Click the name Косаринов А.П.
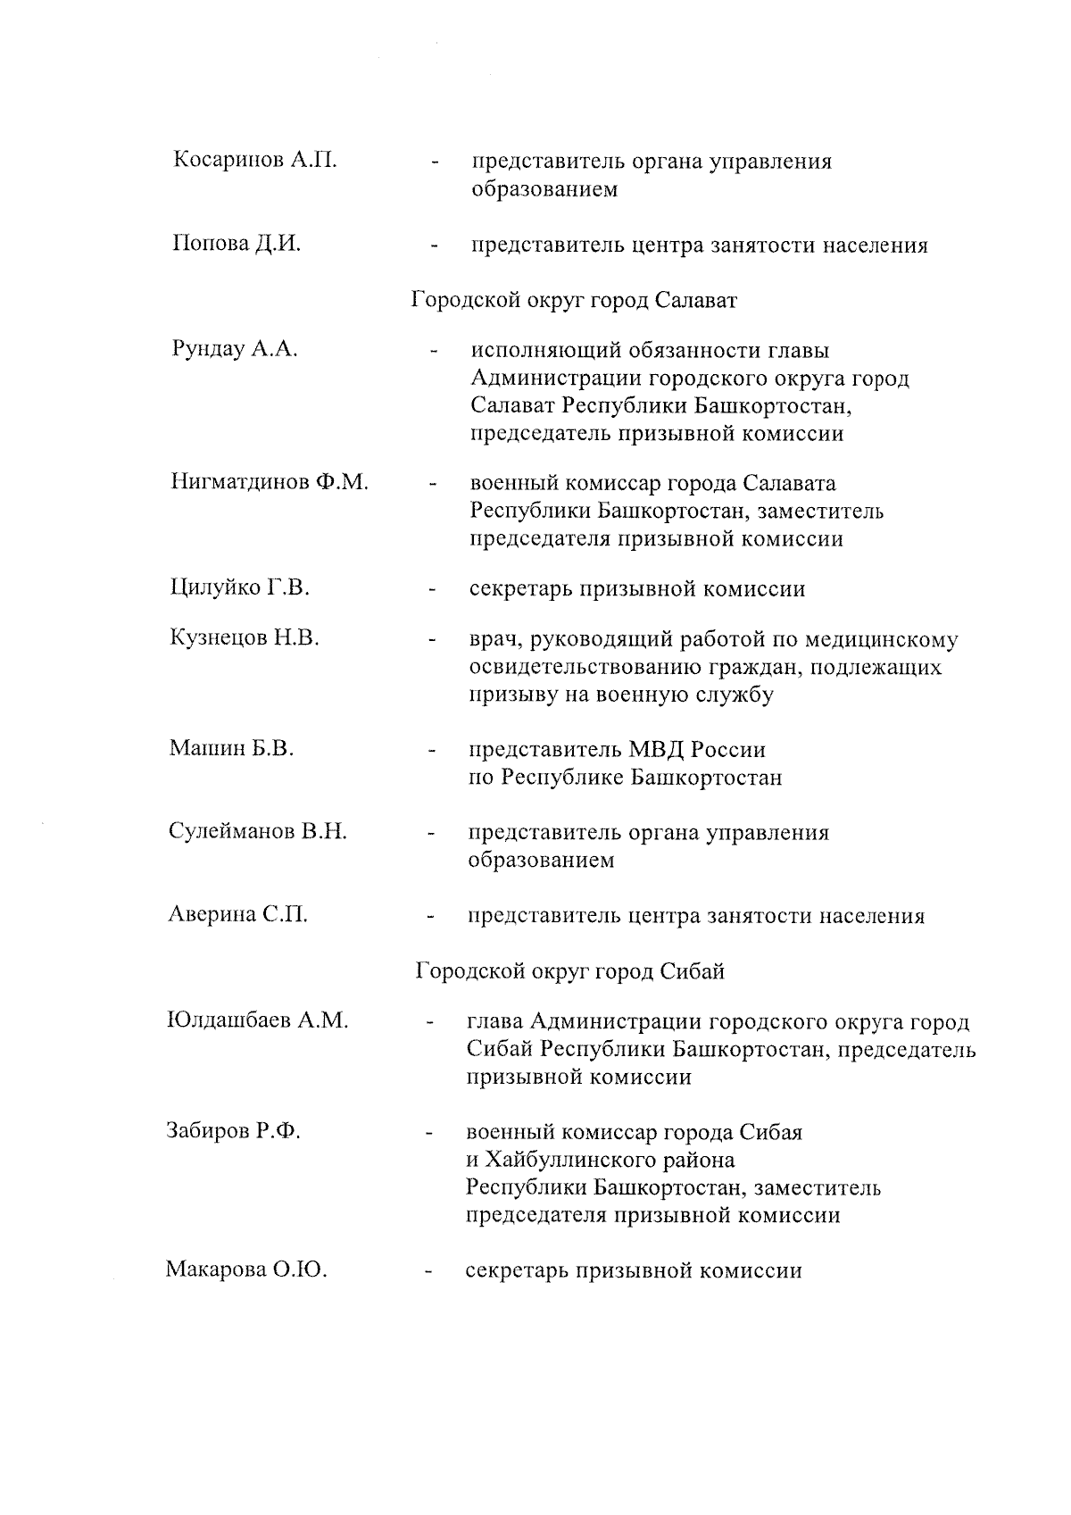[x=254, y=161]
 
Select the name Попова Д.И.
[x=236, y=244]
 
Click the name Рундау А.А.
[x=234, y=349]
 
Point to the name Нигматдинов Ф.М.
[x=269, y=483]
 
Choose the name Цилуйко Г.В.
[x=239, y=587]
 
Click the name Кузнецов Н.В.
[x=244, y=637]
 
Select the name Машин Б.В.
[x=231, y=748]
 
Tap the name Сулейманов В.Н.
[x=257, y=831]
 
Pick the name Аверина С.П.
[x=237, y=914]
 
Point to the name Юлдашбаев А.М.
[x=257, y=1020]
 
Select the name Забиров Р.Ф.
[x=233, y=1131]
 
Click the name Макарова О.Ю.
[x=245, y=1269]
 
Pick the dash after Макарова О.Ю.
[x=429, y=1271]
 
